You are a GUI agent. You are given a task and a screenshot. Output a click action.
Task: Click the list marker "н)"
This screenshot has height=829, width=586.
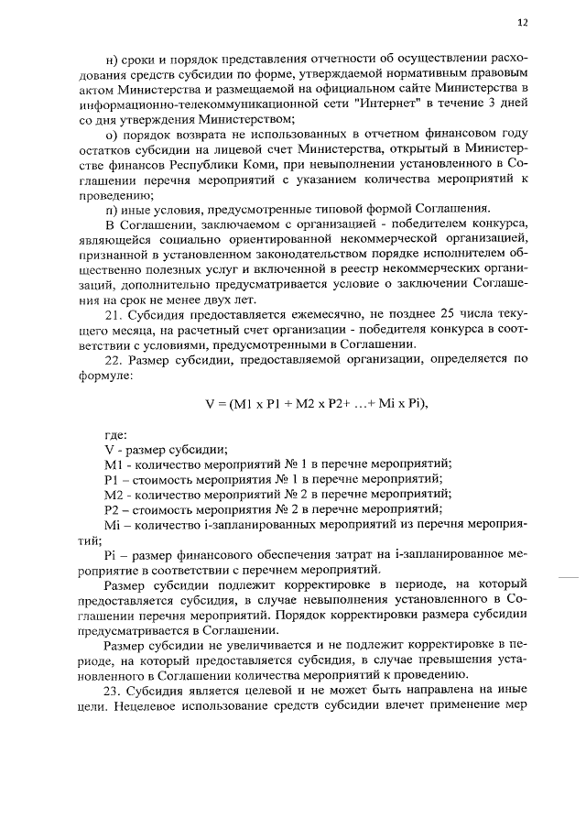coord(113,59)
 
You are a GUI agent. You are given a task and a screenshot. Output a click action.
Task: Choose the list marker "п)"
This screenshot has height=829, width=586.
coord(113,206)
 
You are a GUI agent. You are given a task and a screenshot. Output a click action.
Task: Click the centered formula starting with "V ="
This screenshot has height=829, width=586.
coord(317,403)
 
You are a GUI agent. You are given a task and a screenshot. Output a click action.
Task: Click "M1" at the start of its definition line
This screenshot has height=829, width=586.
coord(114,464)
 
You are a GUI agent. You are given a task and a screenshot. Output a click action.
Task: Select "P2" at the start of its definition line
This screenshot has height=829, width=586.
coord(114,508)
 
